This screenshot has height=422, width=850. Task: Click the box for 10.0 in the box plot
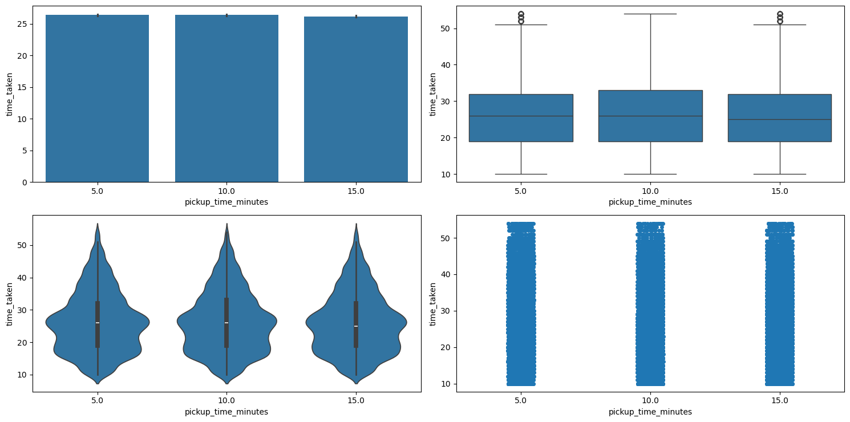click(650, 116)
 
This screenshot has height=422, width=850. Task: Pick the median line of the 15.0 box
click(779, 119)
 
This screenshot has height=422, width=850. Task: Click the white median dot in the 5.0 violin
click(98, 323)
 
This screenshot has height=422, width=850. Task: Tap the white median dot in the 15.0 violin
click(356, 326)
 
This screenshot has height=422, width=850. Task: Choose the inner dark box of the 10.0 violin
click(226, 322)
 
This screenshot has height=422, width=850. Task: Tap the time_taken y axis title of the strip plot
click(433, 303)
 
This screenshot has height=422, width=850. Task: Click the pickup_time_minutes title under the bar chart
click(226, 202)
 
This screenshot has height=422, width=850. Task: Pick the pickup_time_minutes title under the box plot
click(650, 202)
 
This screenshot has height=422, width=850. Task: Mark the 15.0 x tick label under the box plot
click(779, 190)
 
